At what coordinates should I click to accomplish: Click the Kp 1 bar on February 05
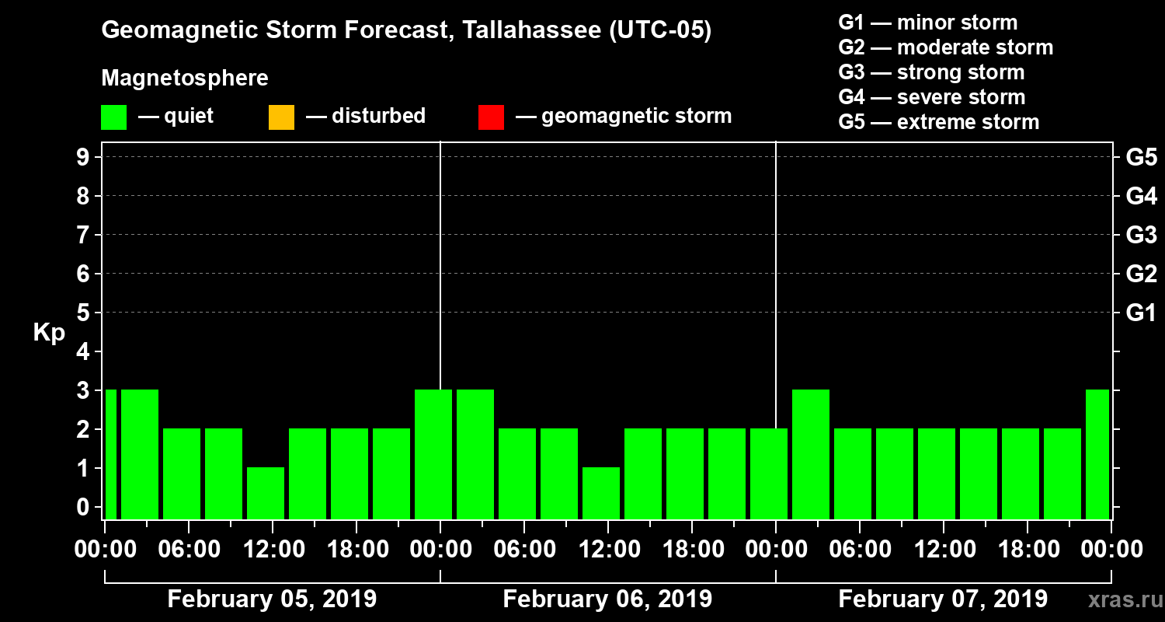(x=266, y=493)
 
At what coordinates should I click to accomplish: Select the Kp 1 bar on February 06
(x=601, y=493)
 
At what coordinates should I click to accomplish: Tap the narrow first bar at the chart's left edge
(x=110, y=454)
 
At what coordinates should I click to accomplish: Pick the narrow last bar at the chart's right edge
(x=1097, y=454)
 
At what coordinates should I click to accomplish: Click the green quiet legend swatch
(x=113, y=117)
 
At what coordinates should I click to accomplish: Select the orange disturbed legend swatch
(x=281, y=117)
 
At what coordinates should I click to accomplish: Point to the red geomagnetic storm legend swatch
(x=491, y=117)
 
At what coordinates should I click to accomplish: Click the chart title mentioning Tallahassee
(x=406, y=30)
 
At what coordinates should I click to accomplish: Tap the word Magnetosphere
(x=185, y=79)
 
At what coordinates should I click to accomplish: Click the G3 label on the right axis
(x=1141, y=235)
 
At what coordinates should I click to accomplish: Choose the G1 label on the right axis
(x=1141, y=313)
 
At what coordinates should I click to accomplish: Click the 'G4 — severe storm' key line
(x=932, y=97)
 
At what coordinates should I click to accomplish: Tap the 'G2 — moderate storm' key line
(x=945, y=47)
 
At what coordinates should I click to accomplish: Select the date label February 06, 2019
(x=607, y=599)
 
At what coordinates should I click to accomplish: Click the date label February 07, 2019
(x=943, y=599)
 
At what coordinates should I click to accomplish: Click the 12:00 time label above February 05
(x=273, y=549)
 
